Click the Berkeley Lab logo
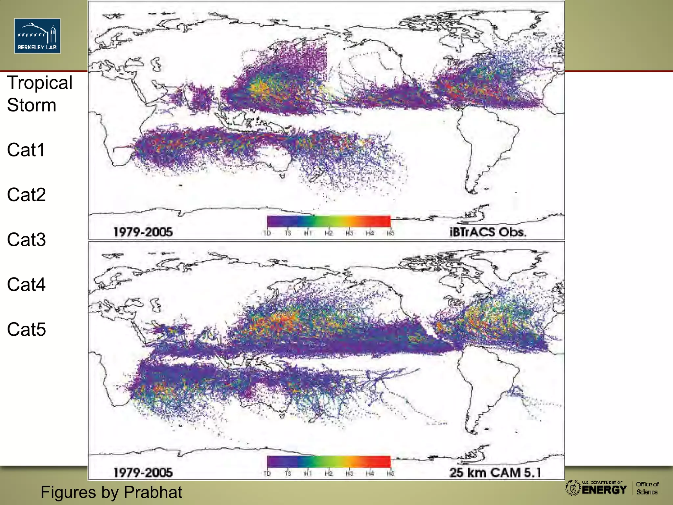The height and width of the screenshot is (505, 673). tap(37, 36)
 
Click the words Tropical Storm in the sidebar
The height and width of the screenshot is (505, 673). tap(39, 94)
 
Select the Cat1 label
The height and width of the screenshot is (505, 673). tap(26, 150)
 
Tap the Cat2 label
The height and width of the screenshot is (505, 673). tap(26, 195)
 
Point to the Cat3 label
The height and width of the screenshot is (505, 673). tap(26, 240)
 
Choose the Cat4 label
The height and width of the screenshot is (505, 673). tap(26, 285)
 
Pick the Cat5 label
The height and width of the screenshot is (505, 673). tap(26, 329)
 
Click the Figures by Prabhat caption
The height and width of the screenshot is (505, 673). tap(111, 492)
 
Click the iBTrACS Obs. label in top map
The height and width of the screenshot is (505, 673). tap(488, 232)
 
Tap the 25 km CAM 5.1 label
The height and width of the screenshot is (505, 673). tap(495, 472)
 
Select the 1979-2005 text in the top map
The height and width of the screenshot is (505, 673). tap(143, 232)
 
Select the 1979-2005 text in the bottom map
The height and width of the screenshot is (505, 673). tap(143, 473)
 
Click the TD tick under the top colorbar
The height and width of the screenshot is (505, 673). tap(267, 233)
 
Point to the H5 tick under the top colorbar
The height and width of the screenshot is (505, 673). tap(390, 233)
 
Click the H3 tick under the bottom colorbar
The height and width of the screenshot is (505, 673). tap(349, 473)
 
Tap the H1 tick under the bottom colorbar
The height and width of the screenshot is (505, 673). tap(308, 473)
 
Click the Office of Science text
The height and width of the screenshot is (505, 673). tap(647, 488)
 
